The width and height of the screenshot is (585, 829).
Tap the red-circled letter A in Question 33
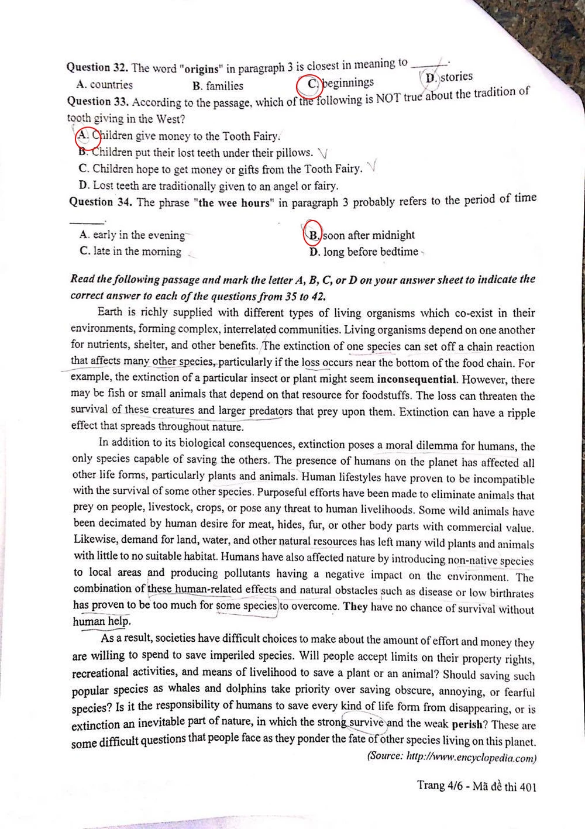(84, 136)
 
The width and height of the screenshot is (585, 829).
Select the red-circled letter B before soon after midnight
(314, 235)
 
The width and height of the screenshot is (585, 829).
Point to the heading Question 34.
(99, 202)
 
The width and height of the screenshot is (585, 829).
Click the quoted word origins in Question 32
(202, 66)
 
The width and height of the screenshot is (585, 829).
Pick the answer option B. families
(218, 86)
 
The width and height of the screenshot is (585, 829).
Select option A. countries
(105, 85)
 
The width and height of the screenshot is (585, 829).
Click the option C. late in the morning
(130, 252)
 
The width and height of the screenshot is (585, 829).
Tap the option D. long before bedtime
(364, 252)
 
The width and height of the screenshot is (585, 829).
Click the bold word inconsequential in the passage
(417, 379)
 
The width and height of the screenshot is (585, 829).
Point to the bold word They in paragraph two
(355, 606)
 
